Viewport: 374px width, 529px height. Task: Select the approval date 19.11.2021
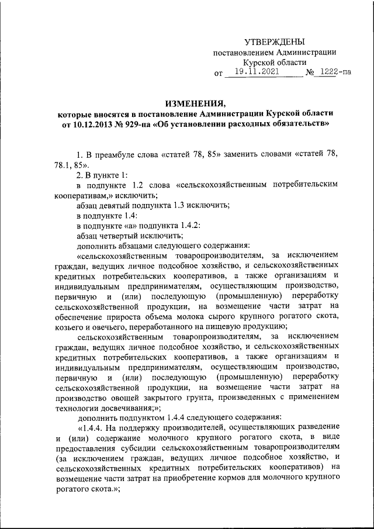pyautogui.click(x=254, y=72)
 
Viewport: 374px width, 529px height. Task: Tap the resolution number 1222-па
pyautogui.click(x=332, y=73)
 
